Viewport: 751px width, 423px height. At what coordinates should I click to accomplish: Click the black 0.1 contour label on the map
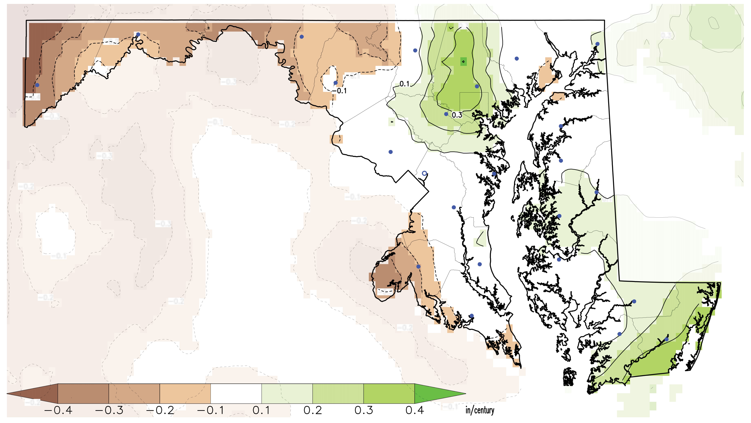tap(404, 84)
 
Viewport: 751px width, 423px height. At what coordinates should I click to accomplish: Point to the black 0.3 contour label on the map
tap(457, 115)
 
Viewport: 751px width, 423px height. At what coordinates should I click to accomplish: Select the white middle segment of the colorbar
tap(236, 394)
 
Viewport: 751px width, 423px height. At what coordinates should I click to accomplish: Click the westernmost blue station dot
tap(37, 85)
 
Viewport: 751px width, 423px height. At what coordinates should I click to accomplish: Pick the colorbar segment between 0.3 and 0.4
tap(389, 394)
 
